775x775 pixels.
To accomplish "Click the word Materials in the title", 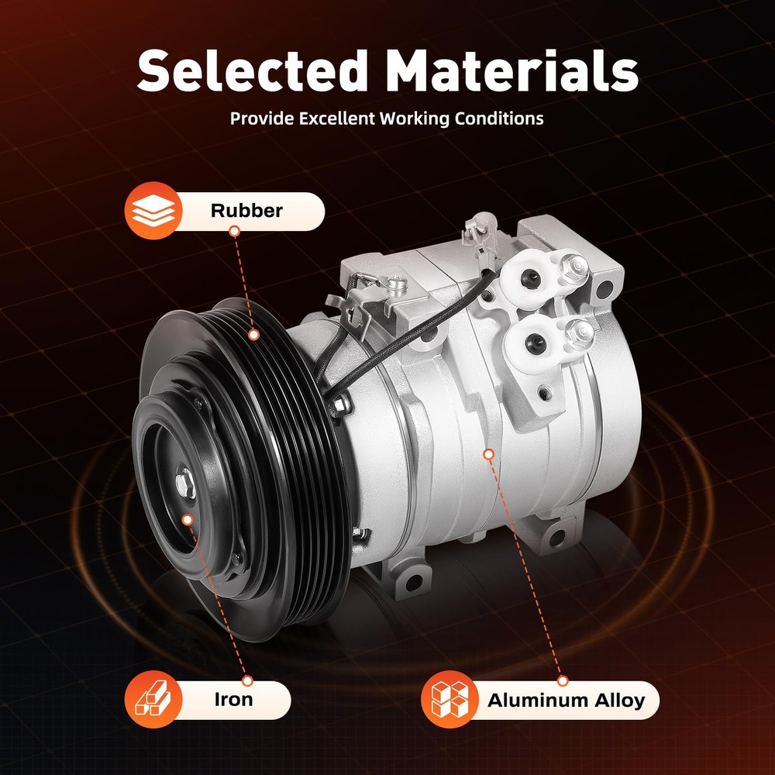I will click(511, 71).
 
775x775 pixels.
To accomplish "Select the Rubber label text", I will click(246, 211).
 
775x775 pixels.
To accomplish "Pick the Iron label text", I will click(233, 699).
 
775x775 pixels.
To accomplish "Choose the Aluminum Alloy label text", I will click(566, 701).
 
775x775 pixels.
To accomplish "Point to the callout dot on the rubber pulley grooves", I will click(253, 335).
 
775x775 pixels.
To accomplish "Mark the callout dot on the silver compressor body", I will click(487, 453).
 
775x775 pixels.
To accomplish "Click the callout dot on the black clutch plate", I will click(186, 518).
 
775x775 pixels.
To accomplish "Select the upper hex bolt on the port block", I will click(572, 267).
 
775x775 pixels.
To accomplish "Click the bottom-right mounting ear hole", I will click(555, 536).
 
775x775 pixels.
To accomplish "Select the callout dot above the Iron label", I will click(247, 680).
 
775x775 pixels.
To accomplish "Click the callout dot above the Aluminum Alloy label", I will click(563, 680).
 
